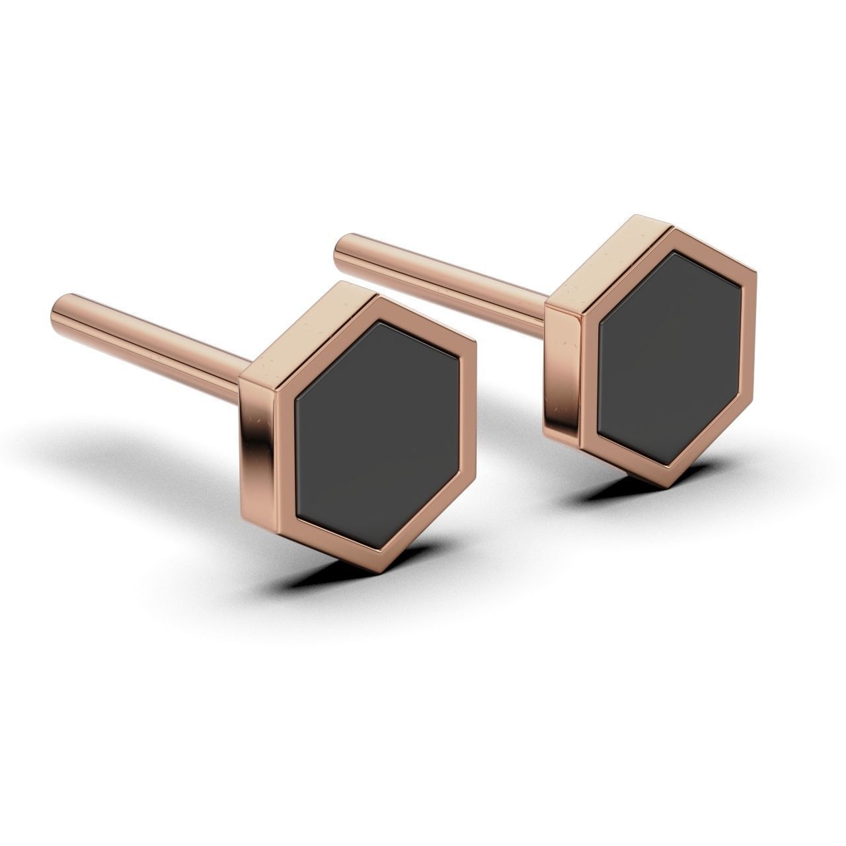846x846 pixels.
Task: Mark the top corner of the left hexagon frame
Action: [375, 298]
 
